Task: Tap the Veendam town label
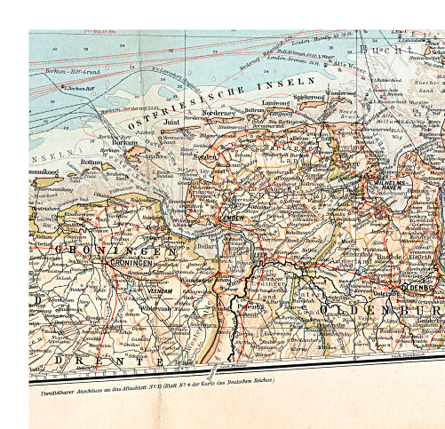(x=160, y=290)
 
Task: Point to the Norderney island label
(x=219, y=113)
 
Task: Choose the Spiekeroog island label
(x=308, y=96)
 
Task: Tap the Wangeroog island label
(x=339, y=93)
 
